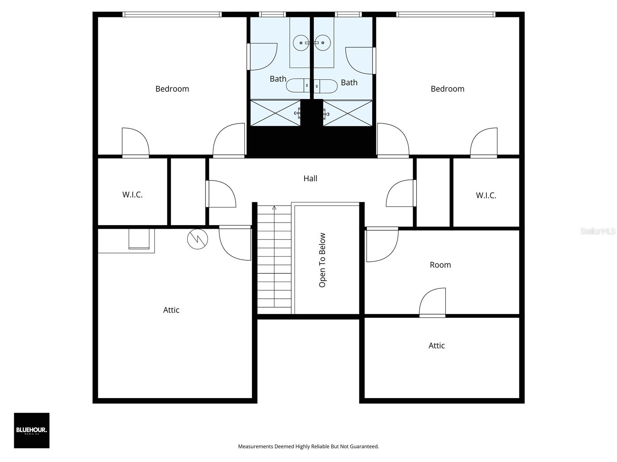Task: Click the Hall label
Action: point(310,178)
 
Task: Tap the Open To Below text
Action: point(322,260)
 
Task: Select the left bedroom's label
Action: point(172,89)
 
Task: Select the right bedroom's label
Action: point(447,89)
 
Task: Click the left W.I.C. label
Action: point(132,195)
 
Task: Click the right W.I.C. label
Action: point(486,196)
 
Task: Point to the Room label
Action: point(440,265)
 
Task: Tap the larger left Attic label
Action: point(171,310)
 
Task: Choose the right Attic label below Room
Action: point(437,346)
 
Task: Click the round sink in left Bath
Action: point(300,43)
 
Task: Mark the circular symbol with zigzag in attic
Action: point(197,239)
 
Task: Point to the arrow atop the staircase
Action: point(274,208)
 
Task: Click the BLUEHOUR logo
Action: point(32,430)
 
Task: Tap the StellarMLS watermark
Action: point(597,231)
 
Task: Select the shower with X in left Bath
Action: point(275,113)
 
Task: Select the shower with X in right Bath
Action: point(347,113)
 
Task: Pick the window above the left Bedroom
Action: point(172,15)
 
